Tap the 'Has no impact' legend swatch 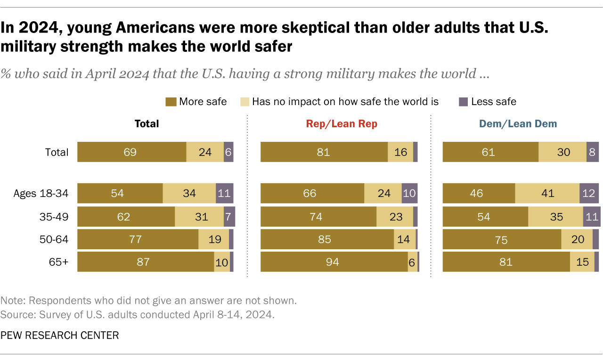pos(244,101)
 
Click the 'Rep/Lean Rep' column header pos(342,124)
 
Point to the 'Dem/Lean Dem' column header pos(518,124)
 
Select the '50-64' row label pos(55,239)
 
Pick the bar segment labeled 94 pos(334,262)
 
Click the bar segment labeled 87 pos(146,262)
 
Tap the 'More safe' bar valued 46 pos(479,194)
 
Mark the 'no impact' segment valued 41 pos(547,194)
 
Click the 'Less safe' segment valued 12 pos(589,194)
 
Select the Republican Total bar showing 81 pos(324,152)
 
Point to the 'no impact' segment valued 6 pos(413,262)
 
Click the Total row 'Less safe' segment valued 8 pos(593,152)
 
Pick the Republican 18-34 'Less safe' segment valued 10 pos(409,194)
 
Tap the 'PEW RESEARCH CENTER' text pos(59,335)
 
